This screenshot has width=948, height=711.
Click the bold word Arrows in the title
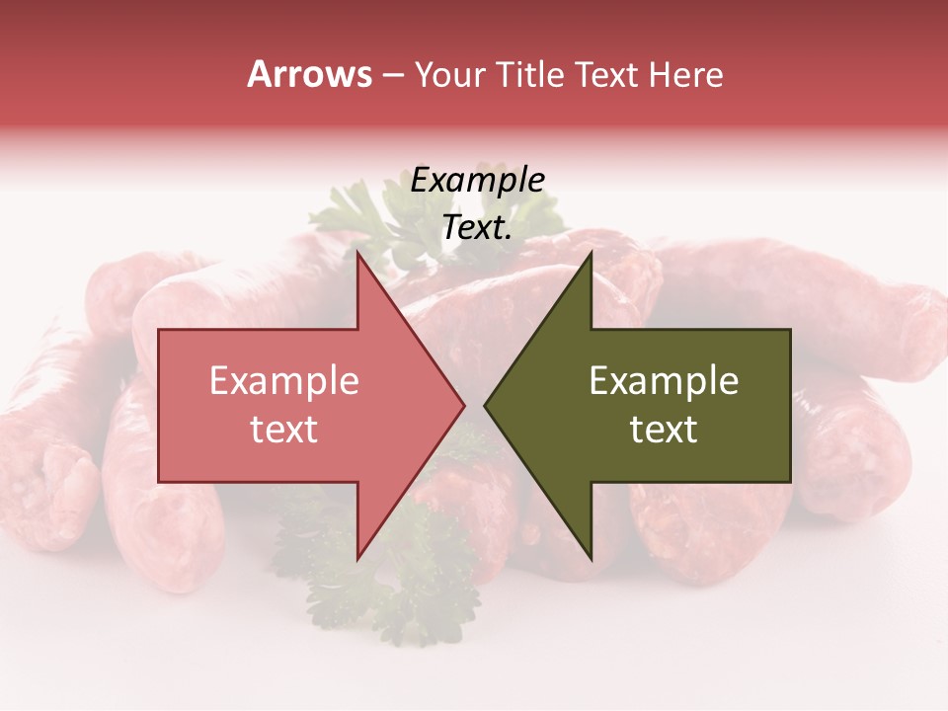point(310,74)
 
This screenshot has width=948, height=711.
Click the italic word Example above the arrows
point(477,181)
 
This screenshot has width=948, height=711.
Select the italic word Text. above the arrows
point(477,227)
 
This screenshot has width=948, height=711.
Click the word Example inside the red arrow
point(283,381)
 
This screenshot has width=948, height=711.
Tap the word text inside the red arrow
point(283,430)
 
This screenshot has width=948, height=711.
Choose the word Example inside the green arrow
point(664,381)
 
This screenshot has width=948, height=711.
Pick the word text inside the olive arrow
point(664,430)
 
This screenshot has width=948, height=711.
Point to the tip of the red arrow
point(465,406)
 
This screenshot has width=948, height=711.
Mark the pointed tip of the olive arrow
point(484,406)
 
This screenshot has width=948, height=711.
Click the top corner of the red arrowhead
point(357,253)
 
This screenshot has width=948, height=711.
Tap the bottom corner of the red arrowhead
point(357,559)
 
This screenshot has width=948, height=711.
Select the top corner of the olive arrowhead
point(591,253)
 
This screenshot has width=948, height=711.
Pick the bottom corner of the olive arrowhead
point(591,559)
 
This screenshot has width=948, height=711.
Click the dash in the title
point(392,75)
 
